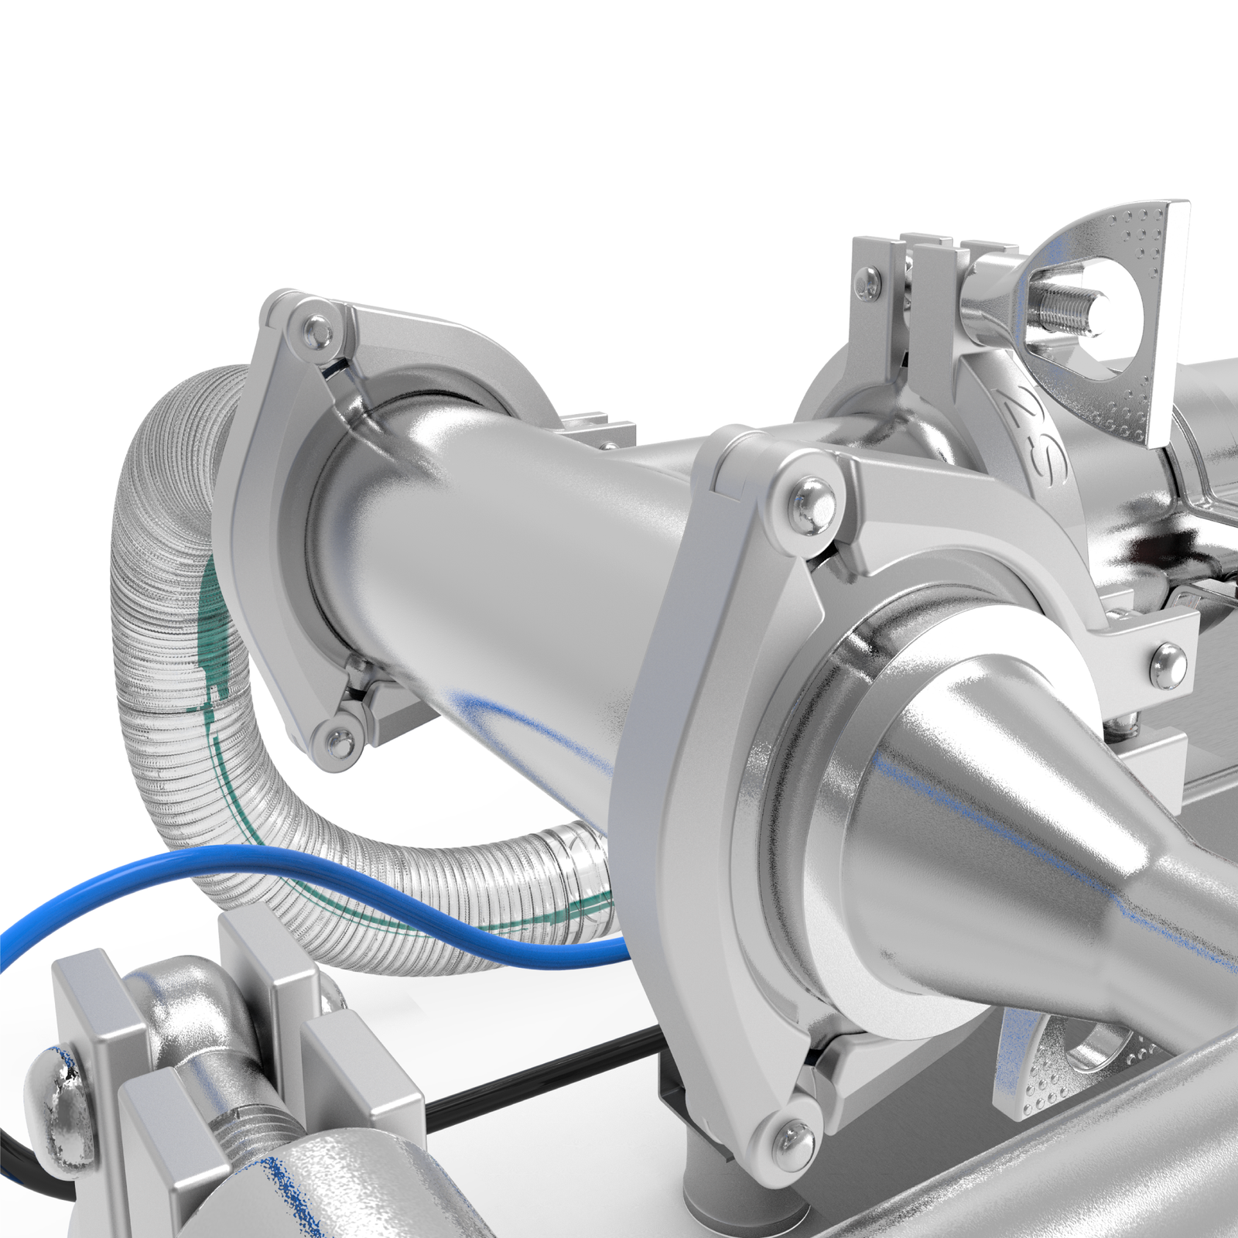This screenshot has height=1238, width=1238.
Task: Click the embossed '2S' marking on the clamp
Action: coord(1038,433)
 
